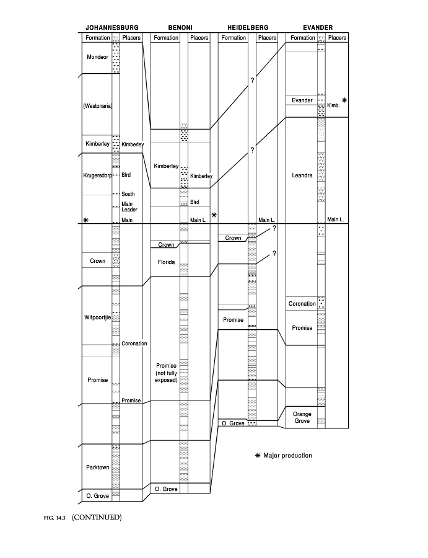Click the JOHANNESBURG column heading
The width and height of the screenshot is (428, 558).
coord(112,27)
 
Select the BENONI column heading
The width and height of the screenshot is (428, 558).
coord(180,27)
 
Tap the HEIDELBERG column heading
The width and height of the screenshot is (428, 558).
coord(248,27)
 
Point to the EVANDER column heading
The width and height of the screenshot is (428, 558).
coord(318,27)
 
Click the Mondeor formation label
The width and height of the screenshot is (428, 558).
coord(97,57)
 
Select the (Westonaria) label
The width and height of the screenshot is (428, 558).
coord(97,106)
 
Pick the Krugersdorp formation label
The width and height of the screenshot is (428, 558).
coord(97,175)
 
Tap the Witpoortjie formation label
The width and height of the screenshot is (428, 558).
coord(97,317)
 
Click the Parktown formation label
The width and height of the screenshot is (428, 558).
coord(97,467)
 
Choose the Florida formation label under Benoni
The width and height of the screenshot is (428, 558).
coord(166,262)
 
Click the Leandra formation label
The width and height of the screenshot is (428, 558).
coord(302,175)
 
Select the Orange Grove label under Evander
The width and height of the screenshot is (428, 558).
coord(302,417)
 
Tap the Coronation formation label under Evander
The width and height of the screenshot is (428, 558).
coord(302,304)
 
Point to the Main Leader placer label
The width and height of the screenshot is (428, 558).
coord(129,206)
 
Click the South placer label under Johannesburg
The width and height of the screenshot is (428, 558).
coord(128,194)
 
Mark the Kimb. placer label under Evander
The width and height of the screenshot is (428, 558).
coord(333,105)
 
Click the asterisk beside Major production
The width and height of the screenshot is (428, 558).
coord(258,456)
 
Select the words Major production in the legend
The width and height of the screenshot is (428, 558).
coord(287,456)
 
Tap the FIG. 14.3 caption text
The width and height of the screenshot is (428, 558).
coord(55,518)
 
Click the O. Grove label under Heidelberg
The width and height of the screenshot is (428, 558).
coord(233,423)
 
